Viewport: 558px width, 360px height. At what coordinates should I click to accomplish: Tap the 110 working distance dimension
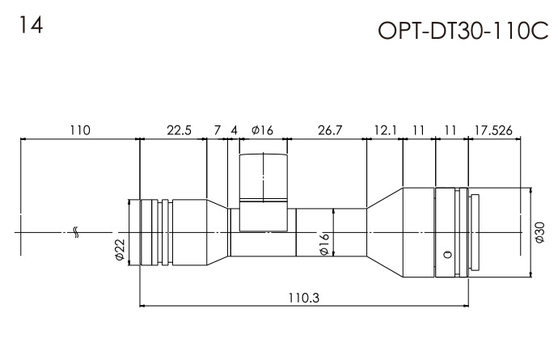pyautogui.click(x=80, y=129)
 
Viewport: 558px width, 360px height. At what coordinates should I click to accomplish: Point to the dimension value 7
pyautogui.click(x=217, y=129)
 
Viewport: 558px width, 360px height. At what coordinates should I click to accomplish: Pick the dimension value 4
pyautogui.click(x=235, y=129)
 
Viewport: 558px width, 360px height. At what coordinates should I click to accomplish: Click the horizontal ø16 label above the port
pyautogui.click(x=264, y=129)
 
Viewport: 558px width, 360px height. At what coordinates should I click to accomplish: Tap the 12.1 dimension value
pyautogui.click(x=384, y=129)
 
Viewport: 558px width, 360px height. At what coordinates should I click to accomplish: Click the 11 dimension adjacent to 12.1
pyautogui.click(x=418, y=129)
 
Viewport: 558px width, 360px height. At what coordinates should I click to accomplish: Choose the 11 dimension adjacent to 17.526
pyautogui.click(x=451, y=129)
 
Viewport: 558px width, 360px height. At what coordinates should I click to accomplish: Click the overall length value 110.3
pyautogui.click(x=304, y=297)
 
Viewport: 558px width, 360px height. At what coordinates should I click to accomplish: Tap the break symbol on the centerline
pyautogui.click(x=75, y=232)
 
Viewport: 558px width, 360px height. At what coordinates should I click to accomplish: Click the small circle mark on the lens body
pyautogui.click(x=446, y=255)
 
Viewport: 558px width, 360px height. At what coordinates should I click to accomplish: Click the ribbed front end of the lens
pyautogui.click(x=150, y=231)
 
